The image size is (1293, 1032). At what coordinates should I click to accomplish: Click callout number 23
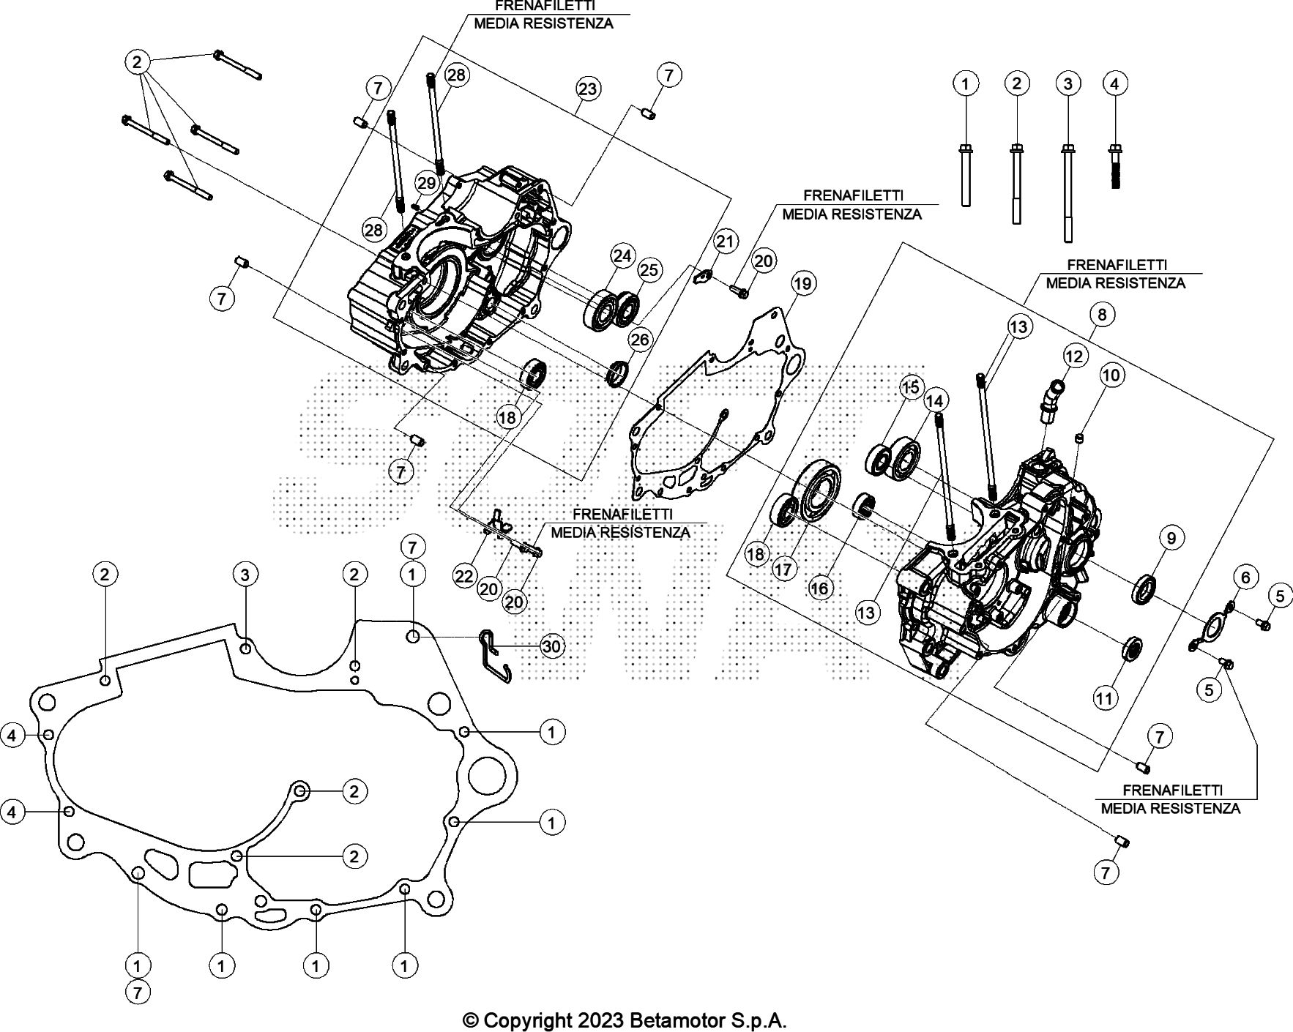tap(587, 89)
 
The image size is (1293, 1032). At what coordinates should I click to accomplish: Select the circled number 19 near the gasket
tap(802, 283)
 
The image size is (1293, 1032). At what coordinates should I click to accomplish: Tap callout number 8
tap(1101, 315)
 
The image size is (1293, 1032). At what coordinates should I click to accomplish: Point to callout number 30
tap(552, 646)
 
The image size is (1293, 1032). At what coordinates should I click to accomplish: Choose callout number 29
tap(426, 183)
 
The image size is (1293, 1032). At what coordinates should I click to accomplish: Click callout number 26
tap(639, 340)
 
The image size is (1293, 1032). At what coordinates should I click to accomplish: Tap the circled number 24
tap(622, 256)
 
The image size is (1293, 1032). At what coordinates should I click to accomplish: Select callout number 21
tap(724, 242)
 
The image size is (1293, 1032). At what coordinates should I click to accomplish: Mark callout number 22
tap(464, 577)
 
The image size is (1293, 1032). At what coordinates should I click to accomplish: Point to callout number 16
tap(821, 588)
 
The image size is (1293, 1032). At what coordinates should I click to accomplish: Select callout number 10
tap(1111, 376)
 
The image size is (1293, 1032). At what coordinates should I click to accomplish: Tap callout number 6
tap(1245, 578)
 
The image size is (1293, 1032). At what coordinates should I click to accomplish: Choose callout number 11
tap(1103, 698)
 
